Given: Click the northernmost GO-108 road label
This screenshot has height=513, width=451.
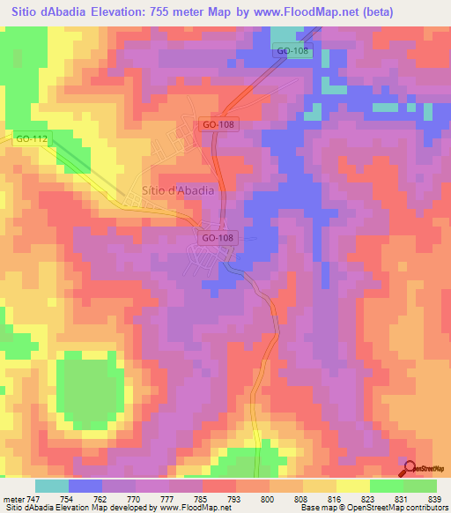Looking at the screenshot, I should [x=292, y=51].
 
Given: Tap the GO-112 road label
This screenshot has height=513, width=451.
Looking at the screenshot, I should [x=31, y=138].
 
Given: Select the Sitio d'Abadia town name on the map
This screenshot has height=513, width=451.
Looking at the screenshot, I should [x=177, y=190].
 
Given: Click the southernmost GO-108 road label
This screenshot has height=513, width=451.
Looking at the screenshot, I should [x=218, y=238].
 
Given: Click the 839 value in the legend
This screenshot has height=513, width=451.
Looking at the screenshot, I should [x=434, y=498].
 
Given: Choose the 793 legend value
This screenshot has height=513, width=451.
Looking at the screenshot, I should [x=235, y=498].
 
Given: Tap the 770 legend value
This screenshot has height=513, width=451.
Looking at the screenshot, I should [x=135, y=498].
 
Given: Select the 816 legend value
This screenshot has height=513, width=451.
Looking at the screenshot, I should [x=336, y=498].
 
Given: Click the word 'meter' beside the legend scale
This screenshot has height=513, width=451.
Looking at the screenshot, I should [x=13, y=498].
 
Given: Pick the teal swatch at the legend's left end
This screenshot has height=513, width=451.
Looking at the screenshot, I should [x=51, y=486].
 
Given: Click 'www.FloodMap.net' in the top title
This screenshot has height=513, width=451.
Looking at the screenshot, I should [x=314, y=11].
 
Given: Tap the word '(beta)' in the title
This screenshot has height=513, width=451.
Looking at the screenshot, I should [x=388, y=11].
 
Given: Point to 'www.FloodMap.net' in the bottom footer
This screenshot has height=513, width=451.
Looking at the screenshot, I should [x=186, y=508].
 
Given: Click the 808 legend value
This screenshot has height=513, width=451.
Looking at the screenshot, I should [x=302, y=498].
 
